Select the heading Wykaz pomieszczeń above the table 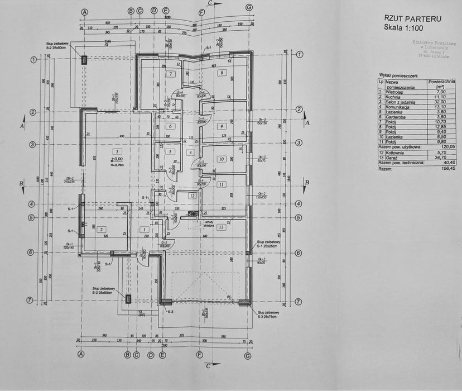point(399,74)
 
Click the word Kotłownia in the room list point(396,152)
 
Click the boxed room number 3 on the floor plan point(117,151)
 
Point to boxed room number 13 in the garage point(221,227)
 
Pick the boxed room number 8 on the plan point(222,73)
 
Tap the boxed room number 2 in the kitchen point(101,229)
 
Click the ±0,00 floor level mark point(117,159)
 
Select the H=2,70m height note point(117,165)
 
